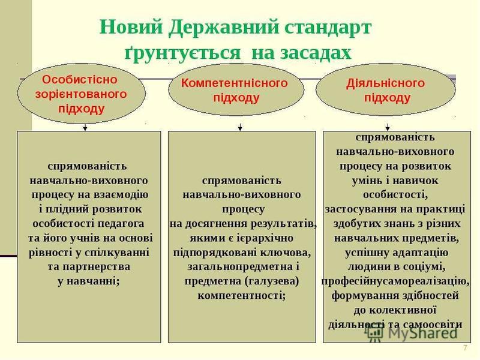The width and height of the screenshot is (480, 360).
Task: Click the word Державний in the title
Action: (x=223, y=27)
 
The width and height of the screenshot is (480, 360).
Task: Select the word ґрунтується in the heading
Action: (x=183, y=53)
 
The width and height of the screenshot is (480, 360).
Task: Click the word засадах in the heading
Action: (x=301, y=53)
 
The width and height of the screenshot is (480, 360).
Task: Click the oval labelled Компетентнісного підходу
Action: (x=236, y=89)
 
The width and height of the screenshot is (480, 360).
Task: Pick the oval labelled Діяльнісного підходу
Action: (x=386, y=89)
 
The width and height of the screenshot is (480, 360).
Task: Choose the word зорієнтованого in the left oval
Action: (x=81, y=94)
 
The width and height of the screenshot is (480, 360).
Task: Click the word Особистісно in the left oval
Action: (x=80, y=80)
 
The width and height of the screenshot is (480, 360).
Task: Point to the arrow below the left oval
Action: (x=85, y=127)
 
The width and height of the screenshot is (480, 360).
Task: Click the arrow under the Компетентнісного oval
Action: (x=241, y=127)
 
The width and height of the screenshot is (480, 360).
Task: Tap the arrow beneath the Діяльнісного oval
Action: (x=388, y=127)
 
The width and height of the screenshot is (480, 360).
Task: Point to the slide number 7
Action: (x=466, y=348)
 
